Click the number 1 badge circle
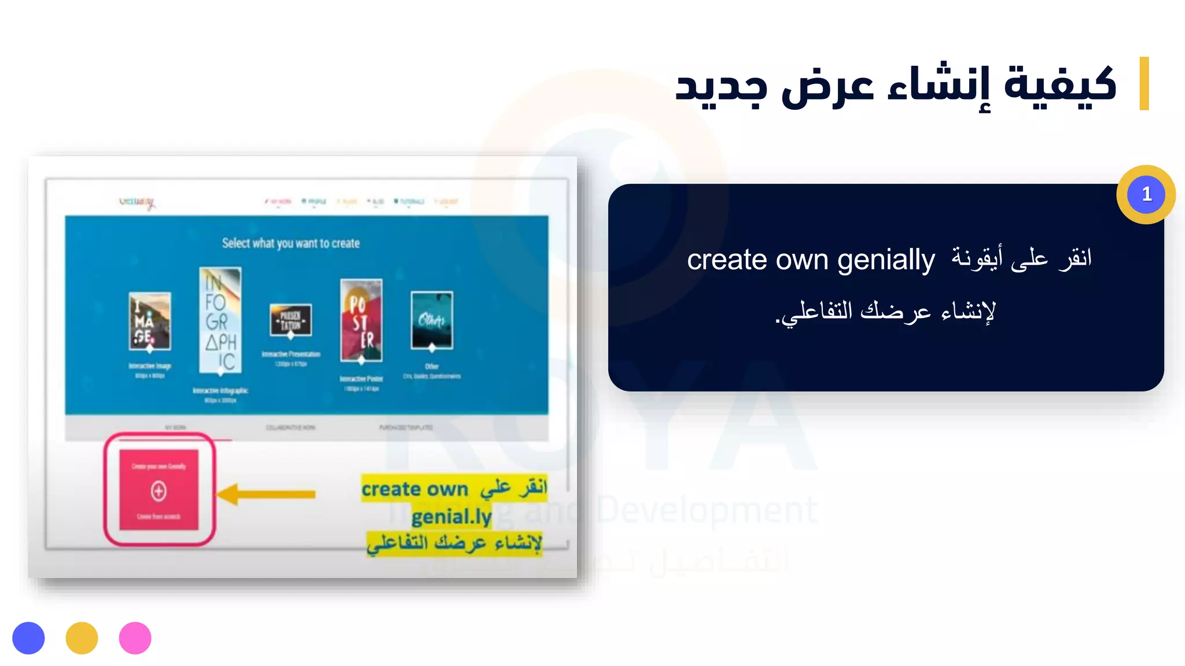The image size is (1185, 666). pos(1146,194)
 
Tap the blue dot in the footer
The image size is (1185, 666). pos(28,638)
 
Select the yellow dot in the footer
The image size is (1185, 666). pos(82,638)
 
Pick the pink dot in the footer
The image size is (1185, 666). pos(135,638)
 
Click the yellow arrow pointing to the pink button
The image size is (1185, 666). pos(266,494)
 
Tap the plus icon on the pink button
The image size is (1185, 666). pos(159,491)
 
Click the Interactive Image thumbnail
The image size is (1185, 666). pos(150,321)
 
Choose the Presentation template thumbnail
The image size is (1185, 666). pos(290,320)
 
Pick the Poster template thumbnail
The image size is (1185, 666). pos(361,320)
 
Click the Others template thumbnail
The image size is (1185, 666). pos(432,320)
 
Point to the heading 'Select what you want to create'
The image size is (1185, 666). pos(290,243)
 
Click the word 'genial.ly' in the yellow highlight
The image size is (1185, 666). pos(451,516)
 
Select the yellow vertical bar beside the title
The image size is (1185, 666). pos(1143,83)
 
